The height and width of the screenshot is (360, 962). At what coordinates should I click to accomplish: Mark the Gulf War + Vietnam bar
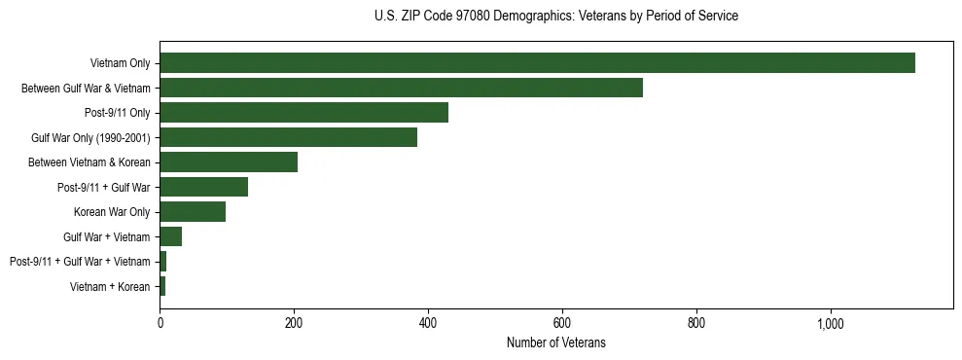[170, 236]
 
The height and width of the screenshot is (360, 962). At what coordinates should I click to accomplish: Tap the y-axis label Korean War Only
[112, 212]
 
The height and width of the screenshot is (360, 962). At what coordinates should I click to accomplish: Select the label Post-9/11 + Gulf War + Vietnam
[80, 262]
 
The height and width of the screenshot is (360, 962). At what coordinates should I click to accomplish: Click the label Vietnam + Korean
[110, 286]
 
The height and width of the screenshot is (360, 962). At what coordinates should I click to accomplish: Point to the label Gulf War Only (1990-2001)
[90, 137]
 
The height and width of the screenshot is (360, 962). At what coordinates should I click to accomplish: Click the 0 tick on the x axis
[160, 323]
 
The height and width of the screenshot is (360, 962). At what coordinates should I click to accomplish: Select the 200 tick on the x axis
[294, 323]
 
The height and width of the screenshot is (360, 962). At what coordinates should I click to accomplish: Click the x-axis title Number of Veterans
[555, 342]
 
